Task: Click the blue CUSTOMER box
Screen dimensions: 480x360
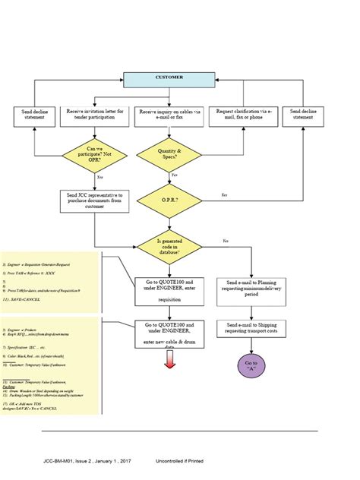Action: click(x=169, y=78)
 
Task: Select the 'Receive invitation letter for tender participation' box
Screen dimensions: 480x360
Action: click(x=95, y=115)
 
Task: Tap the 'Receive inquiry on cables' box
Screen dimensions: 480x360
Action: click(x=169, y=115)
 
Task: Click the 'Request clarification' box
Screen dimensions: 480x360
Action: click(x=240, y=115)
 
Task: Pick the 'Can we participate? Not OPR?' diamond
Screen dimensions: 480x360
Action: click(x=95, y=156)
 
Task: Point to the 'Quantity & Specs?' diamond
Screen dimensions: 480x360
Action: click(x=169, y=156)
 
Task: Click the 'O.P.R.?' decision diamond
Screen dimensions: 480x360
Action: click(x=169, y=201)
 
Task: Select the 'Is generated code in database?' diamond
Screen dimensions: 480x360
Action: click(x=169, y=246)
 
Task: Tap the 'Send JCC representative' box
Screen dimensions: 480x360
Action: click(x=95, y=201)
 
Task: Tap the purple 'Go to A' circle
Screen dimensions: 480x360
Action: click(x=251, y=367)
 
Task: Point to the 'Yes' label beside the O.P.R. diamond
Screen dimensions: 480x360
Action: click(x=224, y=196)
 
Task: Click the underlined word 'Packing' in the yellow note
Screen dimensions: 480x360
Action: click(x=9, y=386)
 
